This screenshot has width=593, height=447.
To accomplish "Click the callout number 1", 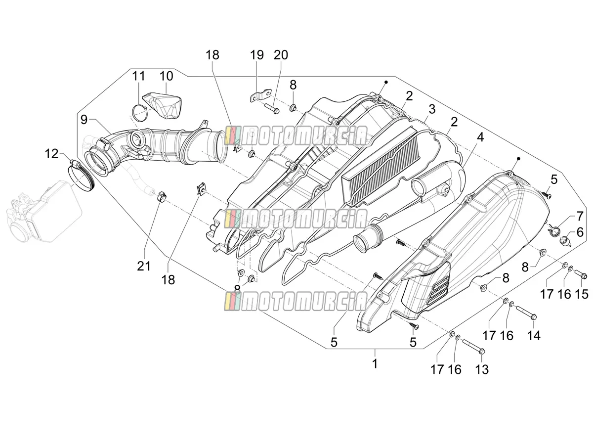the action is pyautogui.click(x=375, y=364).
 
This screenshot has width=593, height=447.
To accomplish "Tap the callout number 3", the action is pyautogui.click(x=432, y=109).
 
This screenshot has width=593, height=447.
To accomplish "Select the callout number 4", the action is pyautogui.click(x=480, y=137).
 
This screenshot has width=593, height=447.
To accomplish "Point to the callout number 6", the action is pyautogui.click(x=580, y=232).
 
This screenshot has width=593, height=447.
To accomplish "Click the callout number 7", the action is pyautogui.click(x=580, y=217).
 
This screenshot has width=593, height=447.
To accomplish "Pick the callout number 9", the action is pyautogui.click(x=84, y=120).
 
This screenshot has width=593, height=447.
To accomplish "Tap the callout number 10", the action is pyautogui.click(x=166, y=76).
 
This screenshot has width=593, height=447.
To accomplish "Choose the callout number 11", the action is pyautogui.click(x=138, y=76).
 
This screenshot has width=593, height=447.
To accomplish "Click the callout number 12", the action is pyautogui.click(x=51, y=154).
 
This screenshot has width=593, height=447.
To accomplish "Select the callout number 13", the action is pyautogui.click(x=482, y=370).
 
